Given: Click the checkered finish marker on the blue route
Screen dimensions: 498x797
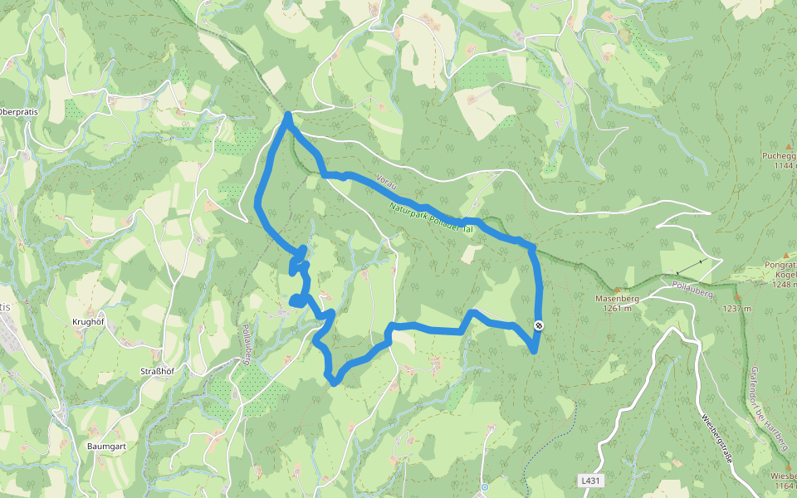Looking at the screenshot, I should (539, 325).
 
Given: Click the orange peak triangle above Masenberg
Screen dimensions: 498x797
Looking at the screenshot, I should (617, 288).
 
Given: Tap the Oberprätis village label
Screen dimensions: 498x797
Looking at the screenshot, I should (18, 112).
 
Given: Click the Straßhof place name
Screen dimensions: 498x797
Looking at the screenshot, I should (154, 372).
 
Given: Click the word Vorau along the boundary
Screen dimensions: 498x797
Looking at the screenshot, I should (384, 180).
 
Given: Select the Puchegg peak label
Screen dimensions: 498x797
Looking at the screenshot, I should (780, 155).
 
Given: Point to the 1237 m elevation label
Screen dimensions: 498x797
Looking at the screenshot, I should (736, 308).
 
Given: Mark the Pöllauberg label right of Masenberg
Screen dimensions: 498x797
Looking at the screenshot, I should (689, 290).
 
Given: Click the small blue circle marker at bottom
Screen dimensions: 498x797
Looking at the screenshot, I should (484, 487).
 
